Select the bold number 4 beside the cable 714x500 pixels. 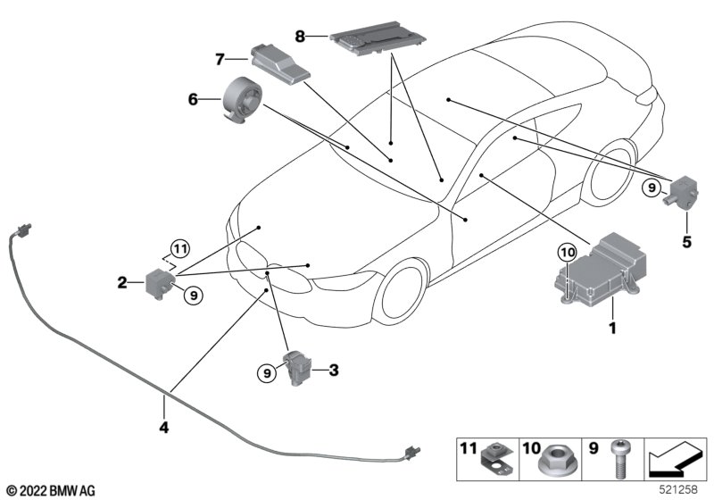[x=163, y=427]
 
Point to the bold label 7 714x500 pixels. [x=219, y=60]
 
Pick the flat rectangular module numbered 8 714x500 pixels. [x=367, y=39]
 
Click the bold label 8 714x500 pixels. [x=300, y=37]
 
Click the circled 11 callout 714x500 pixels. [x=179, y=247]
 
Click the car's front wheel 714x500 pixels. [x=400, y=291]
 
